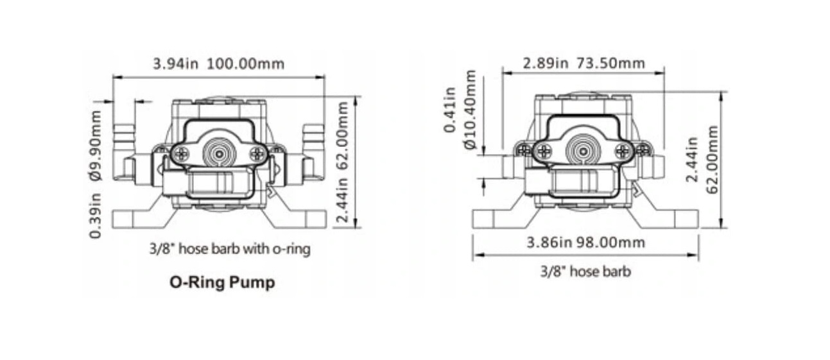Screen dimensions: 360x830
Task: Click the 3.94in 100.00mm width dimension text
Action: click(x=218, y=64)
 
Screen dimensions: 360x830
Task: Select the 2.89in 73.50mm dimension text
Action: click(x=584, y=63)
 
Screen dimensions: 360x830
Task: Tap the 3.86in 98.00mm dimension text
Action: click(x=585, y=243)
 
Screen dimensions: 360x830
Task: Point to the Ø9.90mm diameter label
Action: click(x=96, y=145)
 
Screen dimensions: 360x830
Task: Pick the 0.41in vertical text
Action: click(x=450, y=110)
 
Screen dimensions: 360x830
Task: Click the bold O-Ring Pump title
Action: click(x=222, y=283)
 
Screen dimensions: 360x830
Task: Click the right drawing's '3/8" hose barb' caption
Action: click(x=585, y=271)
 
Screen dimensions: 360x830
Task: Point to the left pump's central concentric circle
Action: click(x=219, y=154)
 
